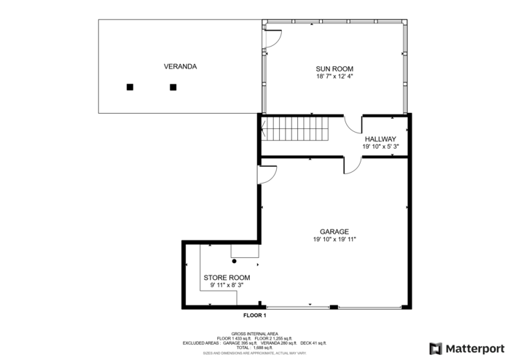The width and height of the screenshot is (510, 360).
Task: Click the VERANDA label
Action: pyautogui.click(x=180, y=66)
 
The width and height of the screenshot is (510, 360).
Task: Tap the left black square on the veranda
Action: pyautogui.click(x=130, y=87)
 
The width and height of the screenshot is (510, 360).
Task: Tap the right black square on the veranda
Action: pyautogui.click(x=173, y=87)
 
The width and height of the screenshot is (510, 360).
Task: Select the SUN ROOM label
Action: pyautogui.click(x=334, y=69)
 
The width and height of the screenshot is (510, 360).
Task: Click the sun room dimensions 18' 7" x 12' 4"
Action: pyautogui.click(x=334, y=77)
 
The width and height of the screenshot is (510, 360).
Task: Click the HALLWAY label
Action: pyautogui.click(x=380, y=138)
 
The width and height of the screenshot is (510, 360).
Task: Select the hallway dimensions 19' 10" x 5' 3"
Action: pyautogui.click(x=380, y=146)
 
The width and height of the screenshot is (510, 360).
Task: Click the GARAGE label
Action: pyautogui.click(x=334, y=232)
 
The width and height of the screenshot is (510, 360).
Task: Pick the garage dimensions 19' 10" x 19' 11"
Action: pyautogui.click(x=334, y=240)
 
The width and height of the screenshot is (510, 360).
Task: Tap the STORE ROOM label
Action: pyautogui.click(x=227, y=278)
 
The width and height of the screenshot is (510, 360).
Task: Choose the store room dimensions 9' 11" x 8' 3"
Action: pyautogui.click(x=227, y=286)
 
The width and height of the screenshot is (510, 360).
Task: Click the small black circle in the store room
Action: pyautogui.click(x=235, y=261)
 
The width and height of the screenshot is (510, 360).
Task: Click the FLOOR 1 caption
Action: pyautogui.click(x=255, y=316)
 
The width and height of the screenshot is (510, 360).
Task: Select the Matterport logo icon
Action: pyautogui.click(x=436, y=348)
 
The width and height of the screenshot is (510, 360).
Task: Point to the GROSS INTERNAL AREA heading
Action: pyautogui.click(x=254, y=334)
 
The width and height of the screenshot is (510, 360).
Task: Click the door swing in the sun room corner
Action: pyautogui.click(x=272, y=38)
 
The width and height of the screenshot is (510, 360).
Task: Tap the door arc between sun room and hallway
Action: pyautogui.click(x=352, y=125)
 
